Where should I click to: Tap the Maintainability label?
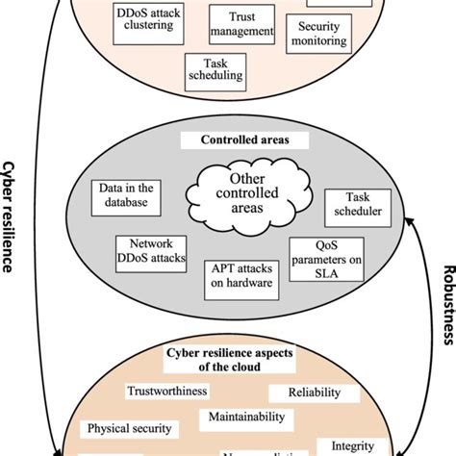[244, 417]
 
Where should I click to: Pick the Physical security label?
[129, 428]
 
